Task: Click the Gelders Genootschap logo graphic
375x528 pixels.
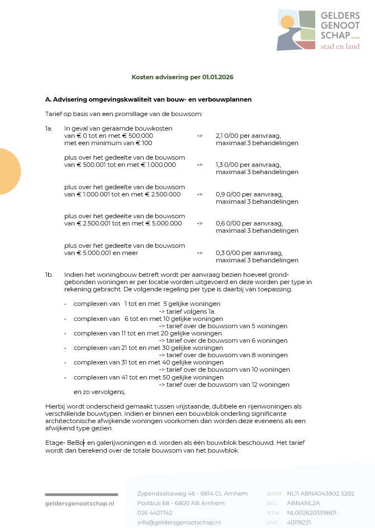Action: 297,29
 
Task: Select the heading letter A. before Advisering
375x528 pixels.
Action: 48,99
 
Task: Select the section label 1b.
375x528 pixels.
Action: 49,275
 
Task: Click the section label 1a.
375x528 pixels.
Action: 49,128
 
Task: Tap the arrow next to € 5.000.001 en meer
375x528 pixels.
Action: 200,253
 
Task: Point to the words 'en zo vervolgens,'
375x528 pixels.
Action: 99,392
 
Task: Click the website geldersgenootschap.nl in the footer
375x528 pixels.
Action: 79,503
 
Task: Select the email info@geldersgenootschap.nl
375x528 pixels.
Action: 179,522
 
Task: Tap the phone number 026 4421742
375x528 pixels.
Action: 155,513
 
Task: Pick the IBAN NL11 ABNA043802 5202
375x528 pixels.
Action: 320,493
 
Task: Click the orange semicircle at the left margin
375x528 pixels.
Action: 10,171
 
